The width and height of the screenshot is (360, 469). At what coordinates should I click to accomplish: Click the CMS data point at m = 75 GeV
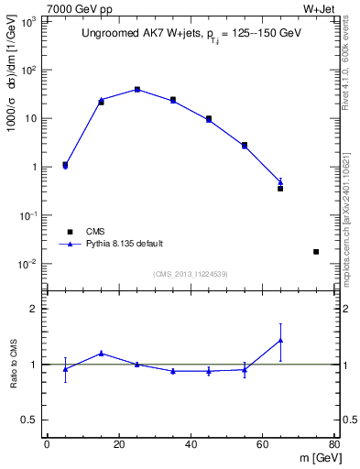point(316,251)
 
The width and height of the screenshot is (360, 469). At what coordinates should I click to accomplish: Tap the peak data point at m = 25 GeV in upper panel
point(136,89)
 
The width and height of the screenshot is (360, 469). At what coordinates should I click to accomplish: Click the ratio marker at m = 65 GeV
point(280,341)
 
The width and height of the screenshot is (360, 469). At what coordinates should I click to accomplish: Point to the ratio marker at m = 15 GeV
point(101,353)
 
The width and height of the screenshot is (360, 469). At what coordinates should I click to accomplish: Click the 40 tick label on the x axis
point(191,444)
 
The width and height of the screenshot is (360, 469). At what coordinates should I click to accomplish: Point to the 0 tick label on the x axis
point(47,444)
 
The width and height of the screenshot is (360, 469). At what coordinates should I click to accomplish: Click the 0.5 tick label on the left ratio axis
point(29,420)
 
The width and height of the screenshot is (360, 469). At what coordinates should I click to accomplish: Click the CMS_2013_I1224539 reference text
point(190,274)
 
